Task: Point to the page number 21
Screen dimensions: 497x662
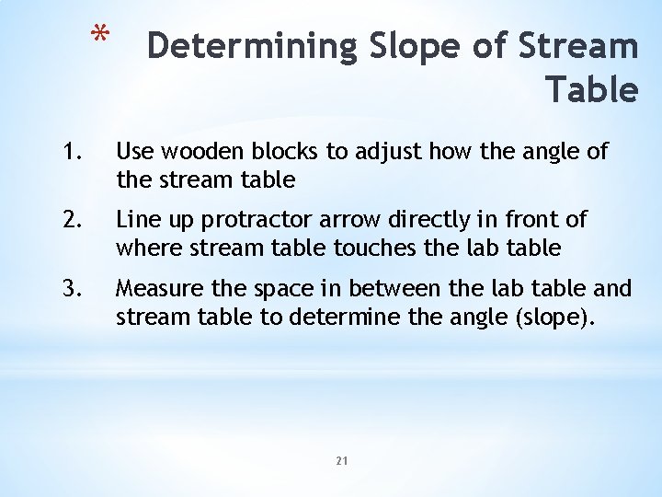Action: coord(341,460)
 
